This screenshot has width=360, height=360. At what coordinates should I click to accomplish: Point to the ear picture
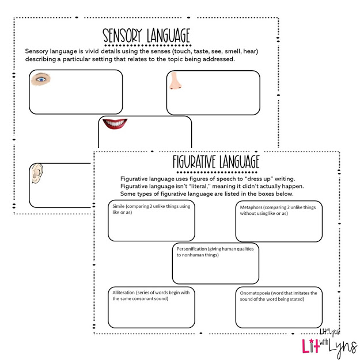coord(37,173)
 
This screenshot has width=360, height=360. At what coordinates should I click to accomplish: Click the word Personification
coord(197,249)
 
